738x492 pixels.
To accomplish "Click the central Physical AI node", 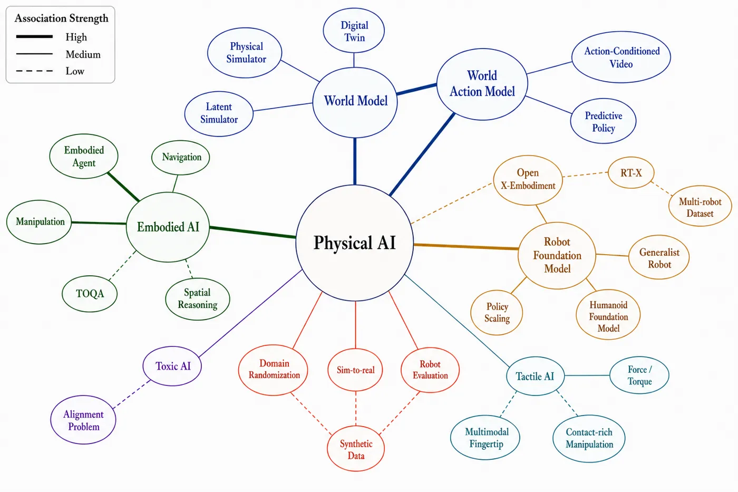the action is [x=354, y=243].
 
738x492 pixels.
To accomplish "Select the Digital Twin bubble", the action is [x=354, y=31].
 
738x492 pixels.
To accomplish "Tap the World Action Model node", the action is [x=482, y=84].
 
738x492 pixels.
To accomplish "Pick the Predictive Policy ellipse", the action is [x=603, y=121].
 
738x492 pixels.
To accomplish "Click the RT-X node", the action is [x=631, y=172].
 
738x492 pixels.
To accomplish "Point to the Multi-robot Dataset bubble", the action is [x=700, y=206].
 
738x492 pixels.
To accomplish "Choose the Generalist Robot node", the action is [x=659, y=257].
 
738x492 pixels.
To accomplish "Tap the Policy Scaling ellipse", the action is [x=497, y=312].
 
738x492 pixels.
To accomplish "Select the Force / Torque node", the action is [x=639, y=375].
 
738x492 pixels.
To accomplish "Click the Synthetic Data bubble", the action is [x=356, y=449].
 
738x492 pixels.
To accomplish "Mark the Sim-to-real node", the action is [x=355, y=370].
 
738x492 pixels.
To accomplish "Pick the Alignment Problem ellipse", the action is [x=83, y=420].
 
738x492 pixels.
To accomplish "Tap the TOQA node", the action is [x=90, y=294].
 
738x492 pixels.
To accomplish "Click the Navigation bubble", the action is [x=181, y=158].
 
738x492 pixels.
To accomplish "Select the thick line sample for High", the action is [x=34, y=36].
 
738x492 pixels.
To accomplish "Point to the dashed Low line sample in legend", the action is [x=34, y=71].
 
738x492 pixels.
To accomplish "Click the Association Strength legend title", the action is [x=61, y=18].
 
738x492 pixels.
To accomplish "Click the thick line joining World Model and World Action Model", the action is [x=417, y=89].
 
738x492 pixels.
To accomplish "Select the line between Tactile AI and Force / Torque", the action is [x=587, y=375].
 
